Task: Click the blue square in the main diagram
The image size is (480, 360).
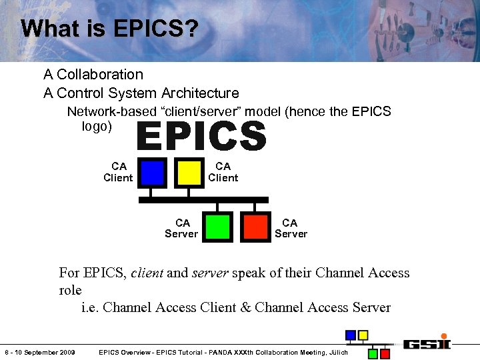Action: point(153,172)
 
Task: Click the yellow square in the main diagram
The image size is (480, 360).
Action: point(190,172)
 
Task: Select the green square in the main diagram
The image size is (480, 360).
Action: point(218,227)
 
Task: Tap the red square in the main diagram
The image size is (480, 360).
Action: point(255,227)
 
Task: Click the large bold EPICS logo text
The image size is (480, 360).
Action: point(201,136)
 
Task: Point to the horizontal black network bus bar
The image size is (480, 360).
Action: point(203,199)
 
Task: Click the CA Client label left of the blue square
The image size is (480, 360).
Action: point(118,172)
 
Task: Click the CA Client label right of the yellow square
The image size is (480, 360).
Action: point(223,172)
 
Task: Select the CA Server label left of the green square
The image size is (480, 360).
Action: point(181,228)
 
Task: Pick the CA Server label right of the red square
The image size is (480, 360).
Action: point(291,228)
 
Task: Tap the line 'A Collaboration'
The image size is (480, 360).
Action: point(93,75)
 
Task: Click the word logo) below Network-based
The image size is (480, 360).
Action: point(97,126)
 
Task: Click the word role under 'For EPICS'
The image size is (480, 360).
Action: point(70,290)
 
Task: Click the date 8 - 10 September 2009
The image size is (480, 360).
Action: point(40,352)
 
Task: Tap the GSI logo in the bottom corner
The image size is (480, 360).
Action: point(427,344)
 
